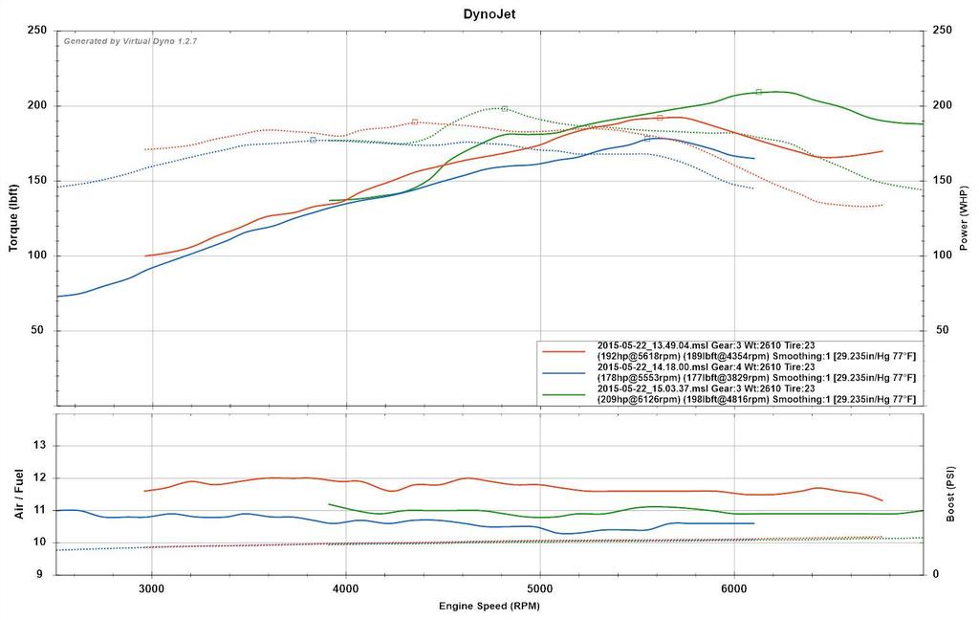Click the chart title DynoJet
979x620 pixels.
coord(489,13)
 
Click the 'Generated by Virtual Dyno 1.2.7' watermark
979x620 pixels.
coord(131,41)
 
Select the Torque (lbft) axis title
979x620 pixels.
coord(13,218)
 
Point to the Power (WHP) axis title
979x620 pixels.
coord(964,218)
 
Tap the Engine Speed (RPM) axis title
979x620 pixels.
coord(489,606)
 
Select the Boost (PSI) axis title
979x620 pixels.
coord(964,494)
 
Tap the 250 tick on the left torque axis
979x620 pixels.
coord(38,31)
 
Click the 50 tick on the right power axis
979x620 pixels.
coord(941,331)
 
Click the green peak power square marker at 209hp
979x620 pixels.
coord(758,92)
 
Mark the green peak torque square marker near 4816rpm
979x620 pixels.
coord(504,109)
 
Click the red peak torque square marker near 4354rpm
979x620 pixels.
coord(415,122)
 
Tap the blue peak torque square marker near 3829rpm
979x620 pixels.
coord(313,140)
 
